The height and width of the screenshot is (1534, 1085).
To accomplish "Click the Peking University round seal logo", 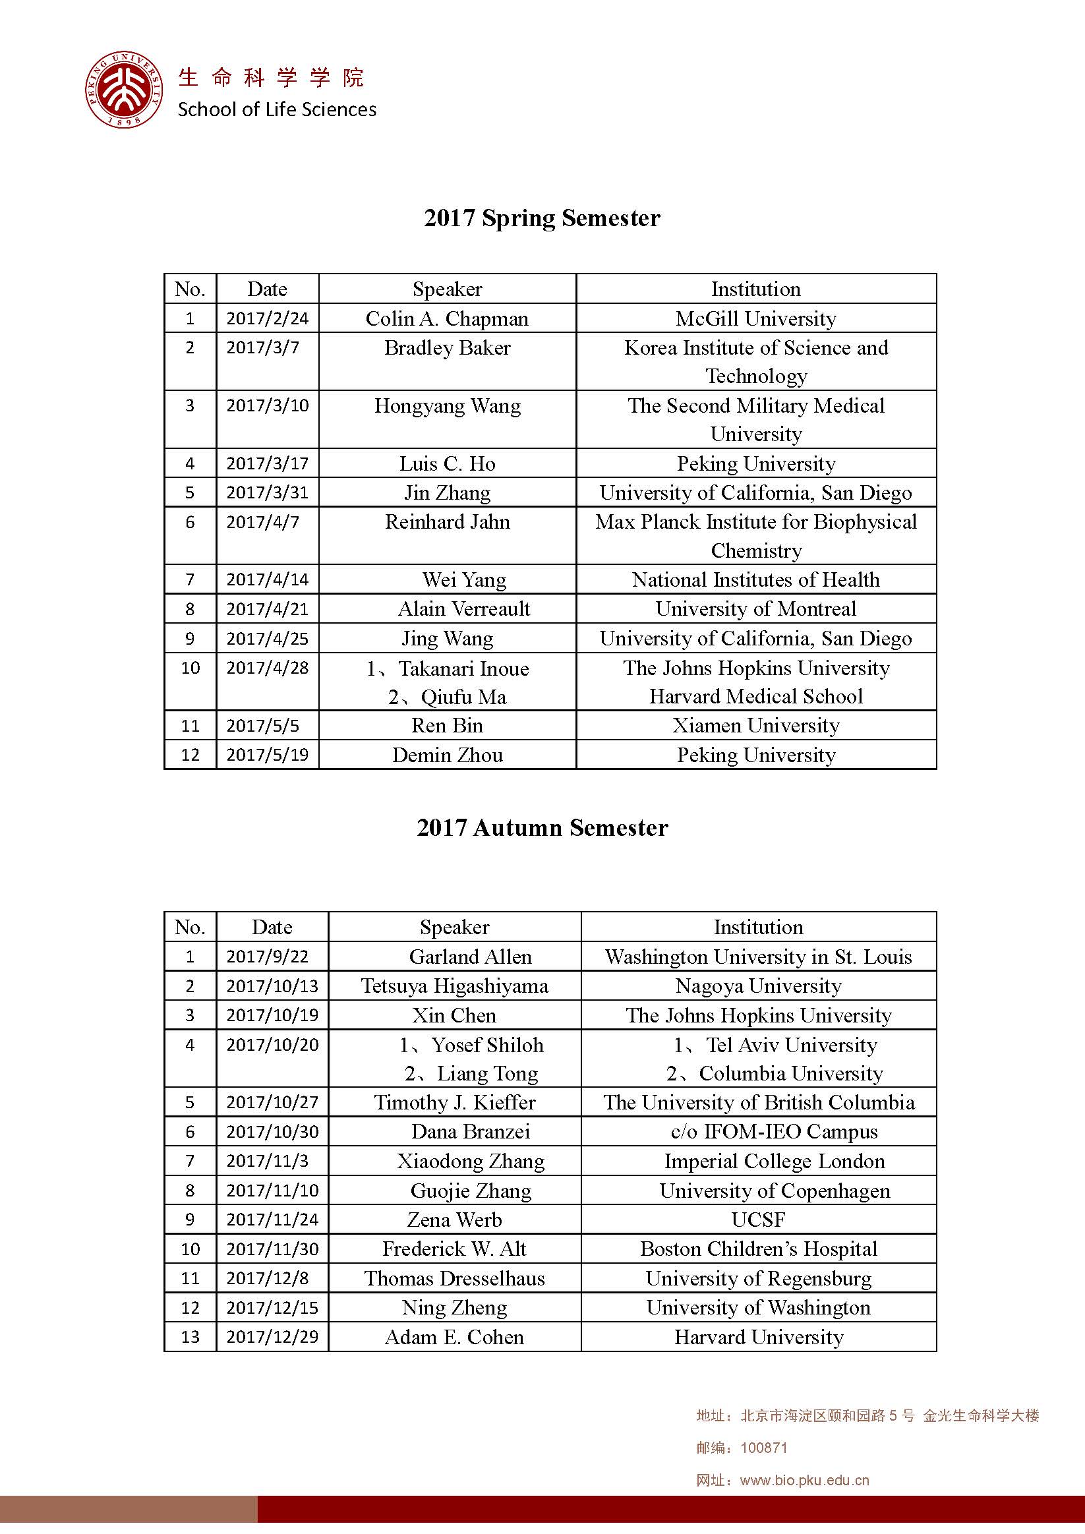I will [125, 89].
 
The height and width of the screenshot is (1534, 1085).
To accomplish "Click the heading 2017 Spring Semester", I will [542, 218].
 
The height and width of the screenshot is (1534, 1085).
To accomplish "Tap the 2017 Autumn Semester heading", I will [542, 828].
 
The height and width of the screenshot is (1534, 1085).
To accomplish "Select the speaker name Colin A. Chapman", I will [447, 318].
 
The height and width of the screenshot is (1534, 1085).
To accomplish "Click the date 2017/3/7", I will [262, 348].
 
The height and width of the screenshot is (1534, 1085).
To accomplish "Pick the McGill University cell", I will [755, 318].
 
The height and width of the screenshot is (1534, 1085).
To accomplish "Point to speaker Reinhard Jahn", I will [447, 522].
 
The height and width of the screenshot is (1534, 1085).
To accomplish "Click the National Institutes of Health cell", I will [755, 579].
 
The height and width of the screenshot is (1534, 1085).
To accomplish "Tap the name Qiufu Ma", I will [463, 697].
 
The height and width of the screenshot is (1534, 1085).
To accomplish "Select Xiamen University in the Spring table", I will [755, 726].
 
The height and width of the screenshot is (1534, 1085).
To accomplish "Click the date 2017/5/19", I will [267, 755].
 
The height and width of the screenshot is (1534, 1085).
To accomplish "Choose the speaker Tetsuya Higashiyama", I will [454, 986].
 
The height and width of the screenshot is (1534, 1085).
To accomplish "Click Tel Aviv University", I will [791, 1045].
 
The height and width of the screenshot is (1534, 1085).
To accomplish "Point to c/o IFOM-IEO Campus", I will [774, 1132].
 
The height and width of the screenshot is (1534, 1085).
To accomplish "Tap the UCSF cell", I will [758, 1220].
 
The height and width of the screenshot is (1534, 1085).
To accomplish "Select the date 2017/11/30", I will [272, 1249].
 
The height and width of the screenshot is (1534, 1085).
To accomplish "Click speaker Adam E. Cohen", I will [454, 1338].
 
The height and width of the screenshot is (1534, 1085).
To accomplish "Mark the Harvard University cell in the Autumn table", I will [758, 1338].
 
